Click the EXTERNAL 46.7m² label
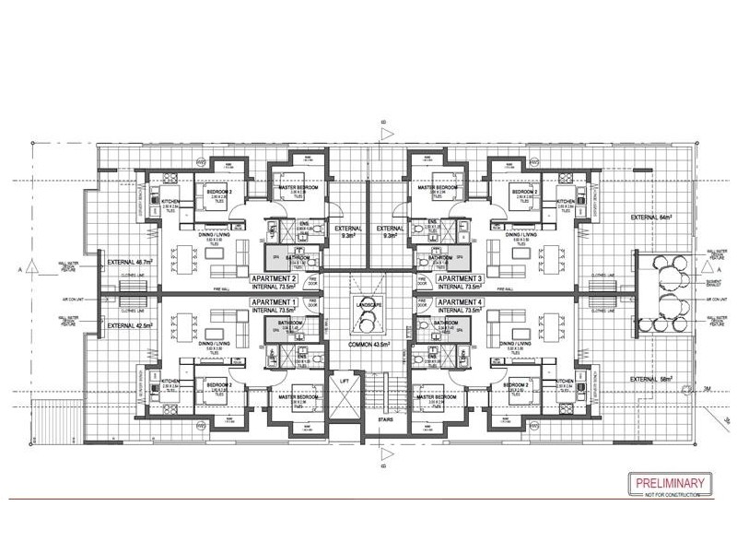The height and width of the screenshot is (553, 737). (x=130, y=263)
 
